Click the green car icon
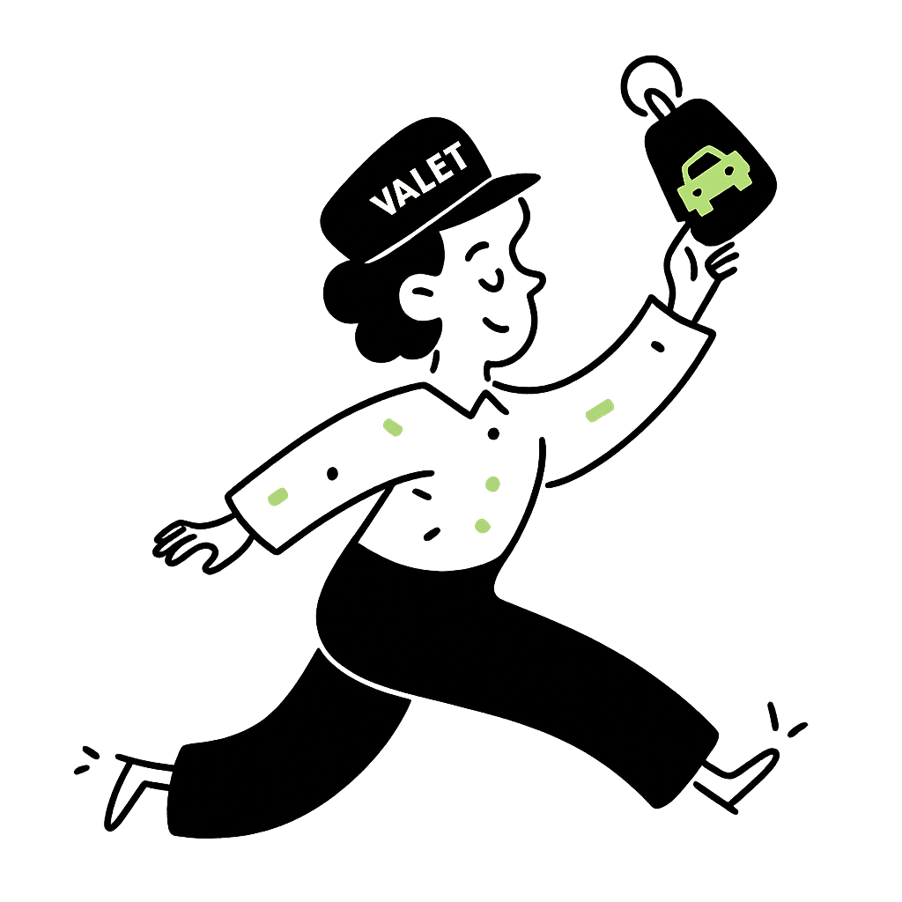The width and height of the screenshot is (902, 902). pyautogui.click(x=713, y=181)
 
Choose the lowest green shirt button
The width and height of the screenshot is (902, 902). pyautogui.click(x=482, y=526)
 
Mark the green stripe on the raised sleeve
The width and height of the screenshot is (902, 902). pyautogui.click(x=599, y=410)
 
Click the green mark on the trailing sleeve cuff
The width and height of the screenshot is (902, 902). pyautogui.click(x=277, y=497)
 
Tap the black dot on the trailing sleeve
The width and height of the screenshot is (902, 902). pyautogui.click(x=332, y=474)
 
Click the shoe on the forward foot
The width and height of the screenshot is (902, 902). pyautogui.click(x=740, y=775)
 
